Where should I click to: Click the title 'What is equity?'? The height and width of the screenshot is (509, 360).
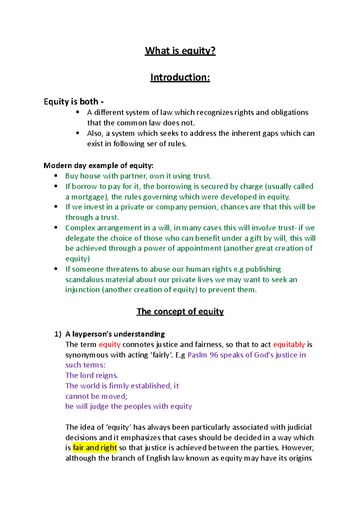(180, 51)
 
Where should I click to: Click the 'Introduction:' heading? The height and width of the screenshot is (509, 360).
(180, 77)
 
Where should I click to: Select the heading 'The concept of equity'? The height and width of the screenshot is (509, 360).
(180, 311)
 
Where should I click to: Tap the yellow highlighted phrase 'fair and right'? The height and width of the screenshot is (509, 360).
(94, 448)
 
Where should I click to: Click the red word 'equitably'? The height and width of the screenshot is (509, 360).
(289, 344)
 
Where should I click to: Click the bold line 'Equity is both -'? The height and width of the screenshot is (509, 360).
(74, 102)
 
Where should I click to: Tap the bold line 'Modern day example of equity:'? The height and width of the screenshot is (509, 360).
(98, 165)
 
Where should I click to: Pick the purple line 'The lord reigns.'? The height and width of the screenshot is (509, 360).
(91, 375)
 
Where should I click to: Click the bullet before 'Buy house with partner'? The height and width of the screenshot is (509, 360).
(56, 176)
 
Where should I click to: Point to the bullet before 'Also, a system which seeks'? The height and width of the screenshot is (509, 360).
(78, 133)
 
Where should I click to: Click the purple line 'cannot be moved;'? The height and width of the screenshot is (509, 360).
(96, 396)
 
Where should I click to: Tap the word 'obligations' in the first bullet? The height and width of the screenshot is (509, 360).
(289, 112)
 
